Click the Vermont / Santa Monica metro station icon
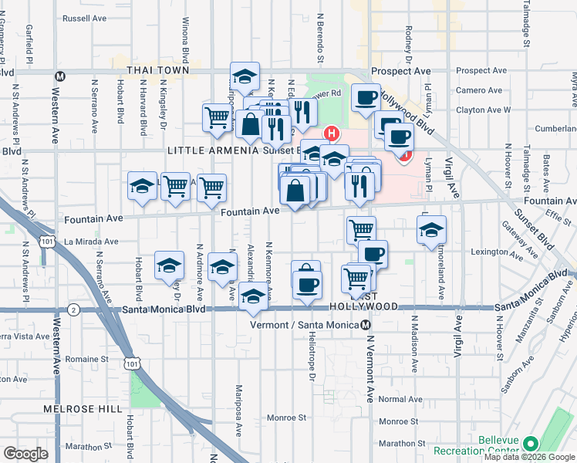(366, 325)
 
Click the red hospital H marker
(332, 133)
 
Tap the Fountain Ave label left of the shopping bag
(250, 211)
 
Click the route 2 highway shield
(73, 309)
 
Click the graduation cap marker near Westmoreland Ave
(432, 229)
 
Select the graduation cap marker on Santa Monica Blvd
(252, 297)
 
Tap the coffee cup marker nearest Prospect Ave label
(365, 97)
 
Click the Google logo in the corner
(25, 454)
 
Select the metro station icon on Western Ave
(59, 76)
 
